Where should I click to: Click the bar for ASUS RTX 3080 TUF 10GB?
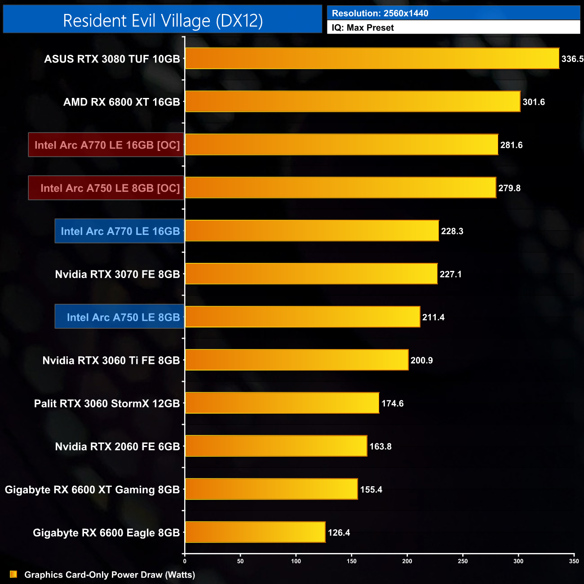[372, 58]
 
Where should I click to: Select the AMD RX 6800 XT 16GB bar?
[353, 102]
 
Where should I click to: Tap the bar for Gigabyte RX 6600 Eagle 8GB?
[255, 532]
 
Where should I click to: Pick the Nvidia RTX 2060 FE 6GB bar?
[276, 446]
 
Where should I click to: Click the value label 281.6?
[511, 145]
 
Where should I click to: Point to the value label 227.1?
[451, 274]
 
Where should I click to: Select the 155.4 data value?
[371, 490]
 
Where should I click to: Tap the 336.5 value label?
[572, 59]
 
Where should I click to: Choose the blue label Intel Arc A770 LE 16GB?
[119, 231]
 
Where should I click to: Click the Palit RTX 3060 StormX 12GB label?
[107, 403]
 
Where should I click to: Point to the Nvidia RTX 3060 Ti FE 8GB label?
[111, 360]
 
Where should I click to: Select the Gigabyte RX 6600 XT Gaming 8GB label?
[92, 490]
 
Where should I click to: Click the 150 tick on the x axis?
[352, 561]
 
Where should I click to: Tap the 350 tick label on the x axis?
[574, 561]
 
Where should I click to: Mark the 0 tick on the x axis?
[185, 561]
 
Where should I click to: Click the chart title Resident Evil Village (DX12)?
[163, 21]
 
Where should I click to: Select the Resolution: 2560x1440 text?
[380, 13]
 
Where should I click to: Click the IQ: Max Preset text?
[363, 28]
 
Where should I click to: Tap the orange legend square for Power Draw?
[13, 575]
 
